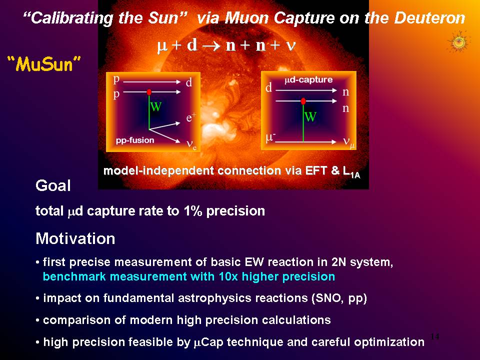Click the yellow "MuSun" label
tap(44, 64)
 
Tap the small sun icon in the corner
tap(458, 42)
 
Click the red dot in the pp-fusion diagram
tap(149, 92)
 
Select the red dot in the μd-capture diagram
tap(303, 101)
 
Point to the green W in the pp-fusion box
tap(156, 106)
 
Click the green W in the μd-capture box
tap(310, 117)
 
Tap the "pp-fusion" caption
tap(135, 140)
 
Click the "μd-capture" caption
tap(308, 80)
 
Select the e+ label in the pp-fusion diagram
tap(191, 117)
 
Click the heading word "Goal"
tap(53, 185)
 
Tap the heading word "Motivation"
tap(75, 238)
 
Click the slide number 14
tap(434, 336)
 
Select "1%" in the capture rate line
tap(193, 210)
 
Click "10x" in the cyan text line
tap(228, 276)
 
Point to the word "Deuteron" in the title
tap(430, 18)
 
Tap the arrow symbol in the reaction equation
tap(211, 45)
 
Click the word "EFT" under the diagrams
tap(316, 170)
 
